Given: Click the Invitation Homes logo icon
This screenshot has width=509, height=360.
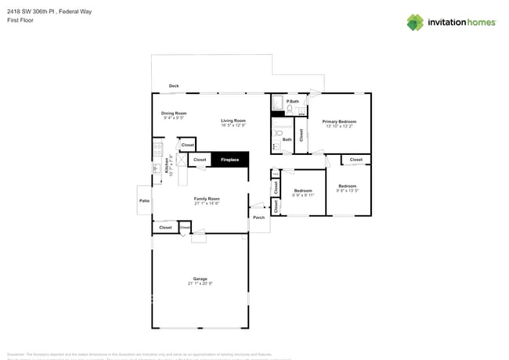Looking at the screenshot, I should tap(415, 22).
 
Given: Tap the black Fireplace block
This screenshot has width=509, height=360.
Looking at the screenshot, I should tap(229, 160).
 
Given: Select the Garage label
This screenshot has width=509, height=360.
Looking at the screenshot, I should tap(200, 279).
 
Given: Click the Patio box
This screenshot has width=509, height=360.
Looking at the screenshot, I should tap(144, 201).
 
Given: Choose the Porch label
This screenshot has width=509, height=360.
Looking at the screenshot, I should tap(258, 218).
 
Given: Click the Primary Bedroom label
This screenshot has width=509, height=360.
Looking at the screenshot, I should tap(338, 121).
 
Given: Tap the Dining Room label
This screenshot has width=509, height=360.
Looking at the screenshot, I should tap(174, 113).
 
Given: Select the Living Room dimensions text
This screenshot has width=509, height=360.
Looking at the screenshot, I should tap(233, 125).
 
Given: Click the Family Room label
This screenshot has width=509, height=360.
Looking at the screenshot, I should tap(207, 199).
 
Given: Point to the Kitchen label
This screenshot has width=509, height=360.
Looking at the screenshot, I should tap(166, 165).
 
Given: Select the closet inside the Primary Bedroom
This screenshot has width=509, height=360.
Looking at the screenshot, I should tap(301, 135).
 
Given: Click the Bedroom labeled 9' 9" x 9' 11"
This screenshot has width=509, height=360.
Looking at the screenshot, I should tap(302, 191).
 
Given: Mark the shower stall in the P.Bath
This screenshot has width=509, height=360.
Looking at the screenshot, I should tap(277, 102).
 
